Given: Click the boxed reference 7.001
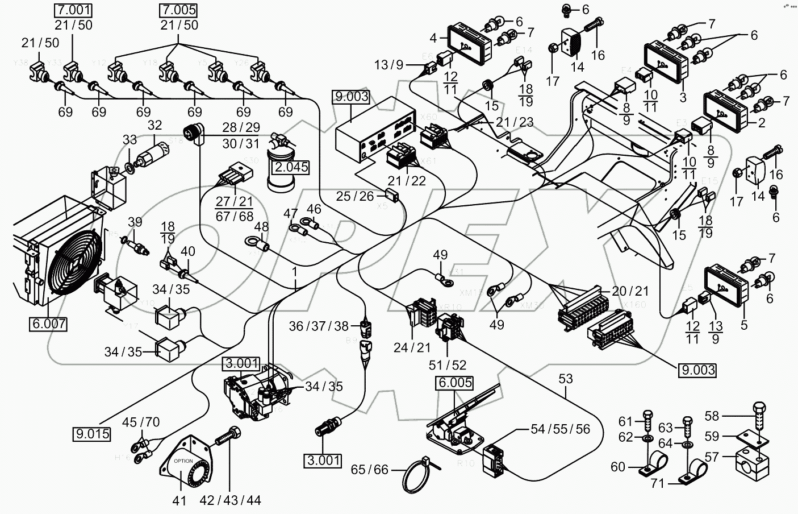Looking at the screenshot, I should click(x=73, y=10).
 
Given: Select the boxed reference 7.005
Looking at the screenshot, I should click(x=179, y=10).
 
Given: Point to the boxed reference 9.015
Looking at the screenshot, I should click(x=91, y=434).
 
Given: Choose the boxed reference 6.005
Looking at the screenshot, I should click(x=454, y=383).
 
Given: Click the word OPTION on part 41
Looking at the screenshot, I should click(x=183, y=461).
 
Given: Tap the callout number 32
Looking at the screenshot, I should click(x=154, y=125).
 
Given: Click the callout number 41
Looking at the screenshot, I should click(x=179, y=500).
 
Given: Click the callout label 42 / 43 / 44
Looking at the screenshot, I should click(x=231, y=500).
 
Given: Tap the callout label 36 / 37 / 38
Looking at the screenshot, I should click(x=326, y=326).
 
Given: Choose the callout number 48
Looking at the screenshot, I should click(x=261, y=226).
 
